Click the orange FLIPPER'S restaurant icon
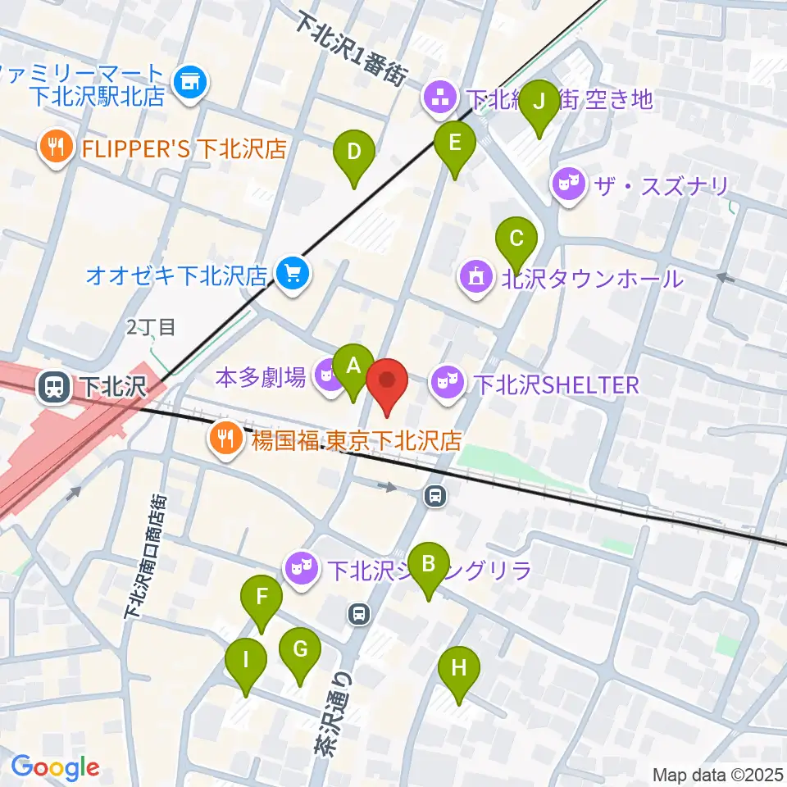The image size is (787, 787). [57, 148]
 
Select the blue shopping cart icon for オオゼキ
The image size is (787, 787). [292, 273]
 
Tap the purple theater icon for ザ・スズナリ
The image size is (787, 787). [567, 186]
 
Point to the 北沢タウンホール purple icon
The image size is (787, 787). [477, 278]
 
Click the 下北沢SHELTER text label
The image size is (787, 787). [557, 384]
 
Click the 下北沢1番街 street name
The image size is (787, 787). [353, 49]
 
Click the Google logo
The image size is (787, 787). [55, 768]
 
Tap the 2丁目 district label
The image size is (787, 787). [151, 328]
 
